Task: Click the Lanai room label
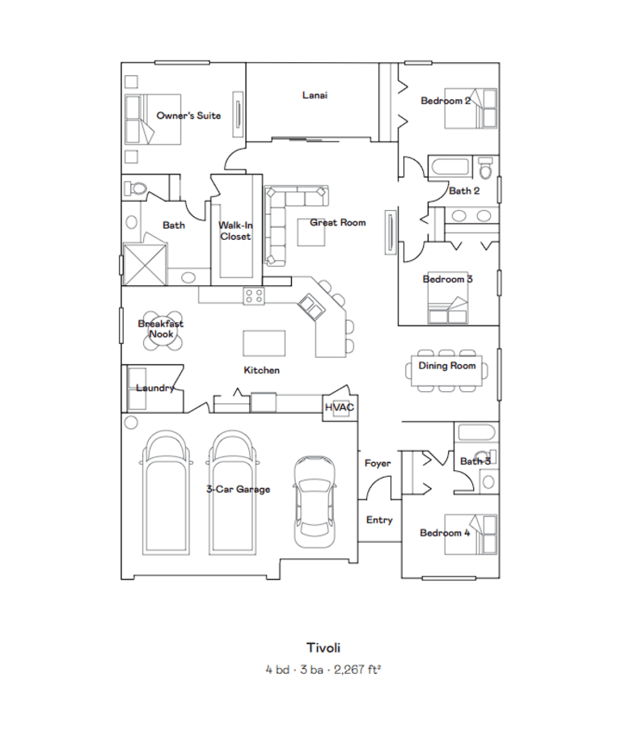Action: pos(315,95)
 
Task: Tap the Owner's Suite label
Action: pos(188,116)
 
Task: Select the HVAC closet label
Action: pos(340,407)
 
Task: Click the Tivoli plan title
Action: pos(323,648)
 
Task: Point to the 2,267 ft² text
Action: pos(357,669)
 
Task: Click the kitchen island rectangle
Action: pos(264,343)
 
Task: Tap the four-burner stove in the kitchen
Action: pos(254,297)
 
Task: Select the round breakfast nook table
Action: pos(161,331)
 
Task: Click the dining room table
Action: pos(446,371)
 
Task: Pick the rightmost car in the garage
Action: pos(315,501)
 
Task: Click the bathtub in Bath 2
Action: pos(450,167)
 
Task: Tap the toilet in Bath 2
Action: pos(486,168)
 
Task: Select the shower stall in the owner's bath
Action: pos(146,264)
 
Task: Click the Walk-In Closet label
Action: pos(235,231)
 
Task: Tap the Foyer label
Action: pos(378,463)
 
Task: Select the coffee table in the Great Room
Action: pos(311,232)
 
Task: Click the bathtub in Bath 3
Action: pos(477,432)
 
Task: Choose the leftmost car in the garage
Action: pos(167,492)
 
